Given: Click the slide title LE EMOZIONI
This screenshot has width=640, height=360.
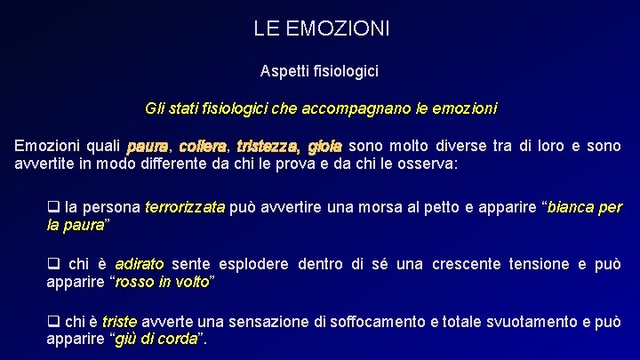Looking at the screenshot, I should [321, 29].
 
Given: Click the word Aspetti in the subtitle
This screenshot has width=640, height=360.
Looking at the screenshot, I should [282, 69].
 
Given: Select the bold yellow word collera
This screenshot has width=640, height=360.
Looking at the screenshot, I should [204, 147].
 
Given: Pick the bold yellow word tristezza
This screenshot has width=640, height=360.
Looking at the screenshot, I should [268, 147].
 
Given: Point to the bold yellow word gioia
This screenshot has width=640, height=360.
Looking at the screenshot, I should [325, 147].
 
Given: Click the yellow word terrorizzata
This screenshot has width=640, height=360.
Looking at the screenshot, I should [185, 208].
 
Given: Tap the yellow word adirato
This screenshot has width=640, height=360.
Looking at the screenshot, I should [140, 265].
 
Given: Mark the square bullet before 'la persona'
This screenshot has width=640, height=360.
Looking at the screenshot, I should [52, 208].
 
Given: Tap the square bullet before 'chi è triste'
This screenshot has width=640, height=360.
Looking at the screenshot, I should [52, 322].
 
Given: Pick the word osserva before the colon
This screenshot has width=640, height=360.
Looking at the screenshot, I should [427, 164].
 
